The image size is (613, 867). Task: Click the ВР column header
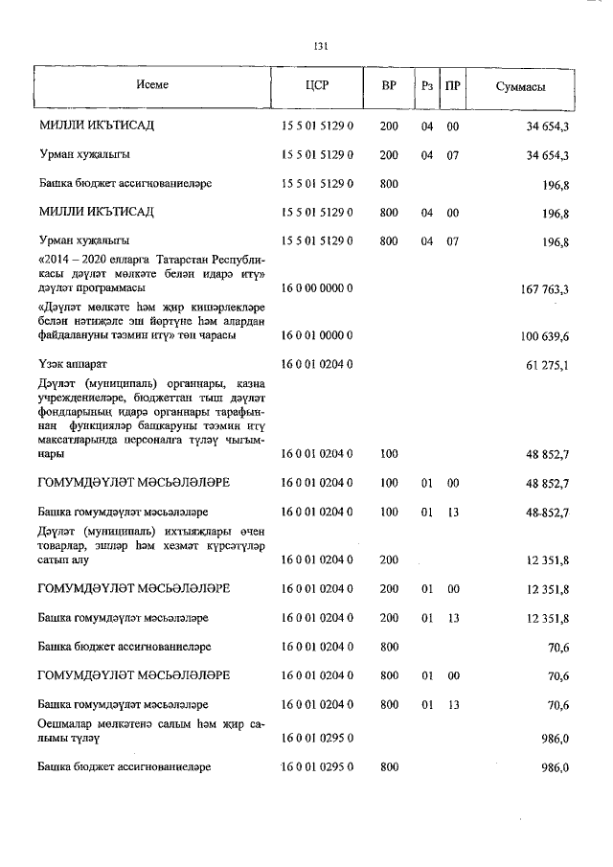pos(389,85)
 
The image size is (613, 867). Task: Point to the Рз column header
pos(427,85)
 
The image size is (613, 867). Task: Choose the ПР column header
pos(453,85)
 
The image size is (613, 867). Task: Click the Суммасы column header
pos(521,86)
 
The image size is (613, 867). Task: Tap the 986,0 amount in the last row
pos(556,768)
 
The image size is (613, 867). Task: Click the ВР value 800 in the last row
pos(389,768)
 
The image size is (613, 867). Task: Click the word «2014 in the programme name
pos(54,260)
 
